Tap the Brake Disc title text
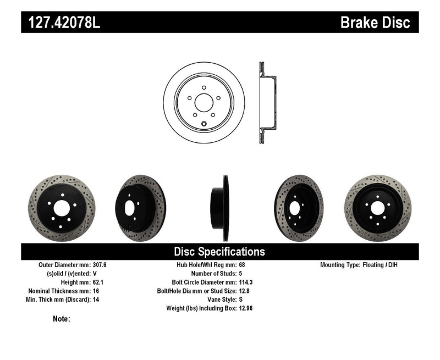pyautogui.click(x=375, y=23)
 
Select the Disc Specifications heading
pyautogui.click(x=219, y=252)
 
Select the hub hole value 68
pyautogui.click(x=242, y=264)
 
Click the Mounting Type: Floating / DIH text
pyautogui.click(x=358, y=264)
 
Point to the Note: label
pyautogui.click(x=61, y=319)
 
